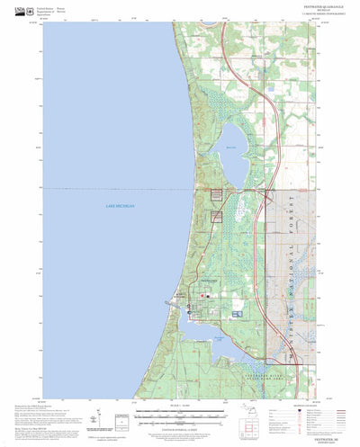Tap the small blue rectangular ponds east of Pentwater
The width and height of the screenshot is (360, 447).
click(x=237, y=313)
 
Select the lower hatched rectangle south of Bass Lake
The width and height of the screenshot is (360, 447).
click(x=216, y=215)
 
